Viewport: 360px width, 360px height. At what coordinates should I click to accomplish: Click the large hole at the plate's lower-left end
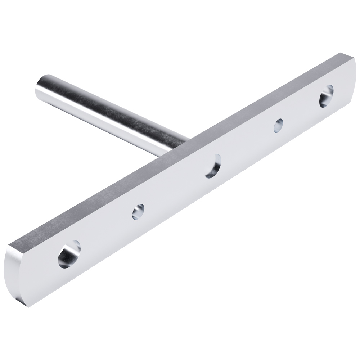69,255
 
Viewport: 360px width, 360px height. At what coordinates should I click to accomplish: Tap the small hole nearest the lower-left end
138,212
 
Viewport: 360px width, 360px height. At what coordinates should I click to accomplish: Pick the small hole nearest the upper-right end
278,126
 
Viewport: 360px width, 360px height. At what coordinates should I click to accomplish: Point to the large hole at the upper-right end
326,95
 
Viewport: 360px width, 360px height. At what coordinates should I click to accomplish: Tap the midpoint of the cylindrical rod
108,115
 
